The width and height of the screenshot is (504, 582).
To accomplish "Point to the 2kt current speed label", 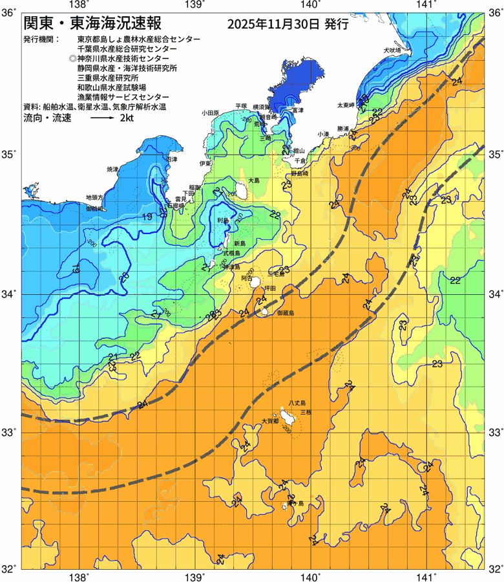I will point(127,118).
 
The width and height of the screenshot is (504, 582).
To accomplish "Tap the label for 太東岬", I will point(345,105).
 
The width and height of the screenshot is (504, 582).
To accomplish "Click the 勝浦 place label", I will point(342,129).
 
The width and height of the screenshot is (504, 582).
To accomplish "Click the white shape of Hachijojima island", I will point(287,416).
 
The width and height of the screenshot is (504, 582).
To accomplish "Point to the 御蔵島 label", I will point(285,312).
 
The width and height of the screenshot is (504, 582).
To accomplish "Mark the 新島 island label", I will point(240,243).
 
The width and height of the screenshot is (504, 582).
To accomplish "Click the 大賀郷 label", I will point(269,420).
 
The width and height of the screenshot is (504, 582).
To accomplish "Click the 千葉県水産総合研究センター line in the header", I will point(127,48).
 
